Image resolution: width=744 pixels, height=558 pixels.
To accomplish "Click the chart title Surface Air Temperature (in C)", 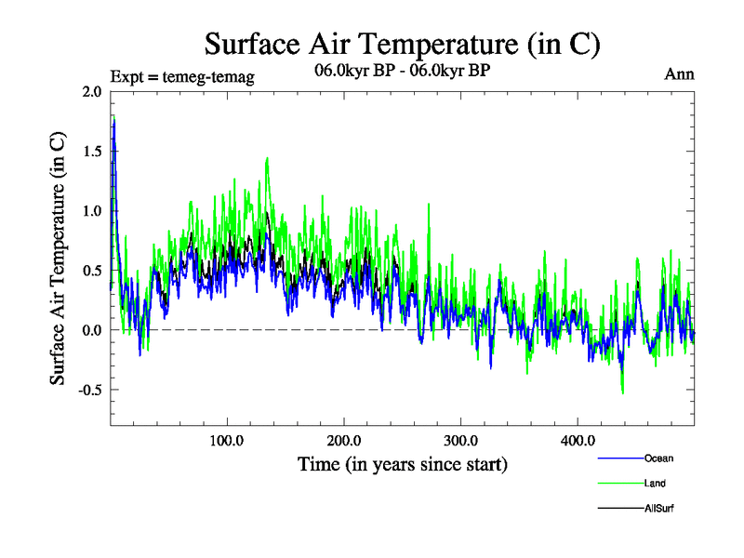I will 402,44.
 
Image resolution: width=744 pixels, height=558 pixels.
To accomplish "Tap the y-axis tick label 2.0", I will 92,92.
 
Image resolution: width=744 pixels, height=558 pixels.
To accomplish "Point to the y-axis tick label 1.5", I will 92,152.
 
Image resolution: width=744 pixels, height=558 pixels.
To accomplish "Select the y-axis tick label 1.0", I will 92,211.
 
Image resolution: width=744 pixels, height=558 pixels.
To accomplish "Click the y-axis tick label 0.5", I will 92,271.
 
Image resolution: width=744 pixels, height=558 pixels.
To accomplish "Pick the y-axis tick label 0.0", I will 92,330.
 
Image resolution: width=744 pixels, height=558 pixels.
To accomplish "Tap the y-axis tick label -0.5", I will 90,390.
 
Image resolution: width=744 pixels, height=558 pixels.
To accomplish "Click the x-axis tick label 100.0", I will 227,440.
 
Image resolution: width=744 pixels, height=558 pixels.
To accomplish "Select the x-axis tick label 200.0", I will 344,440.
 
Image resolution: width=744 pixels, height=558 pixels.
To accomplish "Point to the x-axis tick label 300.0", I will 461,440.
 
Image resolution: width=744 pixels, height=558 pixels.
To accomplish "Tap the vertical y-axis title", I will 58,259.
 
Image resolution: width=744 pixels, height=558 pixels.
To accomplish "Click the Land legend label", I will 655,484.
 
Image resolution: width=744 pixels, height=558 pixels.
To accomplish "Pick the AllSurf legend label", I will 658,509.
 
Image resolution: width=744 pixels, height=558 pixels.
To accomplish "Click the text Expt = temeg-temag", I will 182,75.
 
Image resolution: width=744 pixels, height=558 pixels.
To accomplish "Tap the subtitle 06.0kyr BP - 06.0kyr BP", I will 402,69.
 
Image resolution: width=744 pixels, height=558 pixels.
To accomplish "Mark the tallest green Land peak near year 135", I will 268,158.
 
